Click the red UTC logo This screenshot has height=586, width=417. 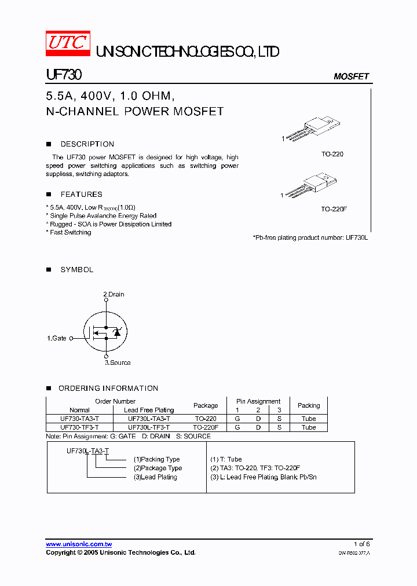(68, 43)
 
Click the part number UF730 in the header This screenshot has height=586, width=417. (64, 75)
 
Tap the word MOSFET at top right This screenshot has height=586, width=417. (351, 76)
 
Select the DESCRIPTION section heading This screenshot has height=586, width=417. (87, 144)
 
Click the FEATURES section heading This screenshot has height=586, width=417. (81, 195)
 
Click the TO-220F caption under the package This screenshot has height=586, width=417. (334, 208)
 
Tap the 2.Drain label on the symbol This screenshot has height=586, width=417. (114, 294)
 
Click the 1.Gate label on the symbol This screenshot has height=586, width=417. (57, 338)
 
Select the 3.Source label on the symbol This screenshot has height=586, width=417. (118, 362)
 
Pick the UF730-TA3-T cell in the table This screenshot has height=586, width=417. (79, 419)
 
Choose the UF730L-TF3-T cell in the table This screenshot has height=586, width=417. (149, 427)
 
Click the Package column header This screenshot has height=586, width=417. (206, 405)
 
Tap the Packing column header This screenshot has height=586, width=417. (309, 405)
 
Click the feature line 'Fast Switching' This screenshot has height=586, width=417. (69, 232)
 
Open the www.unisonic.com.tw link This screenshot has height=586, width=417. (79, 544)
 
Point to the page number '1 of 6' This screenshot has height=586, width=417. (361, 544)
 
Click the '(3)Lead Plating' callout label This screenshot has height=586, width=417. (155, 477)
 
